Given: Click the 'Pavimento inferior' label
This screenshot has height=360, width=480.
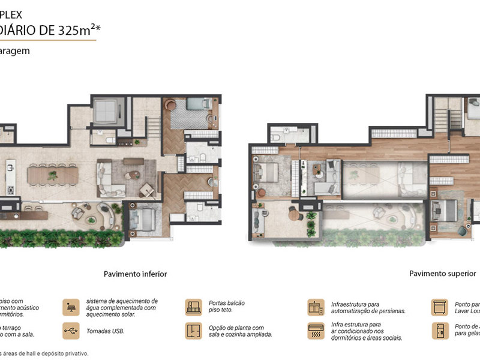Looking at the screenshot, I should tap(135, 274).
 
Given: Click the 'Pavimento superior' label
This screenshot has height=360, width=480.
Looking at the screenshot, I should tap(442, 274).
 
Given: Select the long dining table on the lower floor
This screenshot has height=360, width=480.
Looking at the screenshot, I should tap(53, 175).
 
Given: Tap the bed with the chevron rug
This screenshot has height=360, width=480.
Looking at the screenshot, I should tap(196, 108).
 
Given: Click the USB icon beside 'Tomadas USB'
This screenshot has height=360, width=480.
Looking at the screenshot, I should tap(71, 331).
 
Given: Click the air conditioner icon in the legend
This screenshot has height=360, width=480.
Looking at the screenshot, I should tap(316, 331).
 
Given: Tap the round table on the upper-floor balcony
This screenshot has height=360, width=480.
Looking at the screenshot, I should tap(294, 214).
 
